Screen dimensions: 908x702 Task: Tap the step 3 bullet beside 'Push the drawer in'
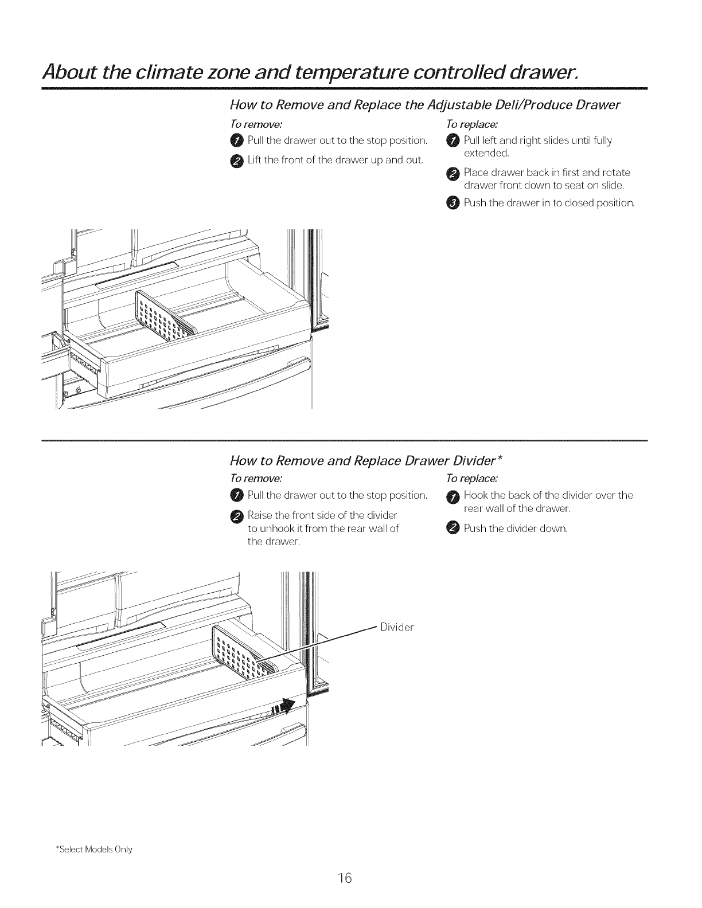(453, 202)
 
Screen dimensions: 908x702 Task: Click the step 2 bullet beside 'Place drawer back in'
(453, 173)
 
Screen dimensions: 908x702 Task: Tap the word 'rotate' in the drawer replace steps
(617, 173)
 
